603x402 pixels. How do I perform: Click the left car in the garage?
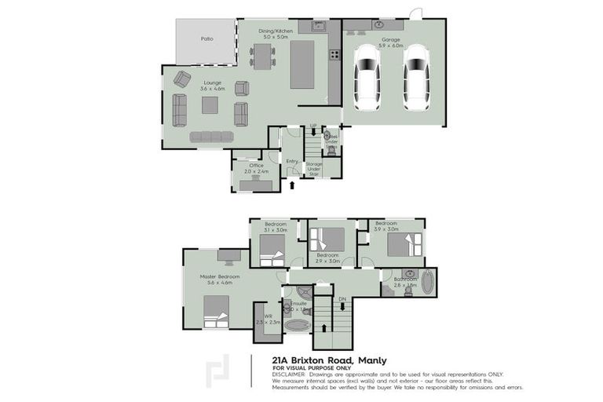367,78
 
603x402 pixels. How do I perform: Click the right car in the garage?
416,78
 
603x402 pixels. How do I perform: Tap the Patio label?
206,38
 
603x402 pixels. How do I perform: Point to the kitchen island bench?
305,64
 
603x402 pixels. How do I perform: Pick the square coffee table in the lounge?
210,104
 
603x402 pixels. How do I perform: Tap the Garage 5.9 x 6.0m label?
392,42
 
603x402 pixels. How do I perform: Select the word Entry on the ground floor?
291,161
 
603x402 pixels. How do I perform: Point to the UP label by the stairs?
312,126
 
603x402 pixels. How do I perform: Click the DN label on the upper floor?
342,299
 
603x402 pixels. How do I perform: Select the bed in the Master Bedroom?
214,312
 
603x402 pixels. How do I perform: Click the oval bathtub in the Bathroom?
427,282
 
